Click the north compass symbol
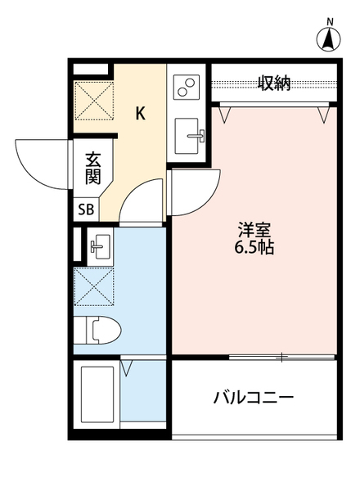329,38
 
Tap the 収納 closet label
275,83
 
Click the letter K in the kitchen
140,114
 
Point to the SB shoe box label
86,209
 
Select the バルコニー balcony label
253,399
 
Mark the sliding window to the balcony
282,356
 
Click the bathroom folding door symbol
127,366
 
